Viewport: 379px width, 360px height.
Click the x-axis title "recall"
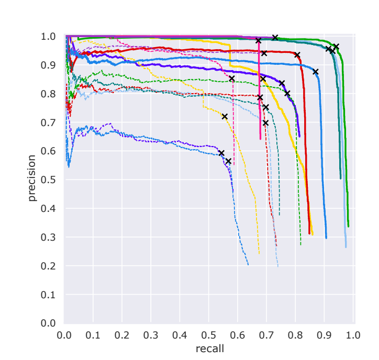210,348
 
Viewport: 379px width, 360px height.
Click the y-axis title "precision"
32,178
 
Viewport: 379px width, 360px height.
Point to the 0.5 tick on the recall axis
209,334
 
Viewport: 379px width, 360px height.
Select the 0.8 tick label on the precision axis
49,94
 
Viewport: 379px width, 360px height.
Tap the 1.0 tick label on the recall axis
353,334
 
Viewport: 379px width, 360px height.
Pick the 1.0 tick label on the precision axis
49,37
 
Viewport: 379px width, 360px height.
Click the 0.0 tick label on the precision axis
49,323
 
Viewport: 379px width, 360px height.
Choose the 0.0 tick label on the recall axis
64,334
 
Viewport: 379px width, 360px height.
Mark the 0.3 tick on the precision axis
49,238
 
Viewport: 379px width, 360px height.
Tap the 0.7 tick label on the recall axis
266,334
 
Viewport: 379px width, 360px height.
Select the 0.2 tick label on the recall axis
122,334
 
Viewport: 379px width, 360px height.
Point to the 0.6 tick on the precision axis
49,151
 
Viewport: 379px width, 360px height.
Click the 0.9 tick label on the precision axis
49,65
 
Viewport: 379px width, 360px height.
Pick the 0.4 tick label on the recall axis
180,334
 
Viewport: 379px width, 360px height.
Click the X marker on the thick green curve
336,47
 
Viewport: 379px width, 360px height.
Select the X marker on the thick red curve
297,55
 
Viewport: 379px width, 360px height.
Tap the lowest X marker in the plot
228,161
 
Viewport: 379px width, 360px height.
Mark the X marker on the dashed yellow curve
225,116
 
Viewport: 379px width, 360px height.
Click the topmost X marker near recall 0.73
275,38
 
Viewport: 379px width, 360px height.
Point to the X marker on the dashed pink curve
232,78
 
